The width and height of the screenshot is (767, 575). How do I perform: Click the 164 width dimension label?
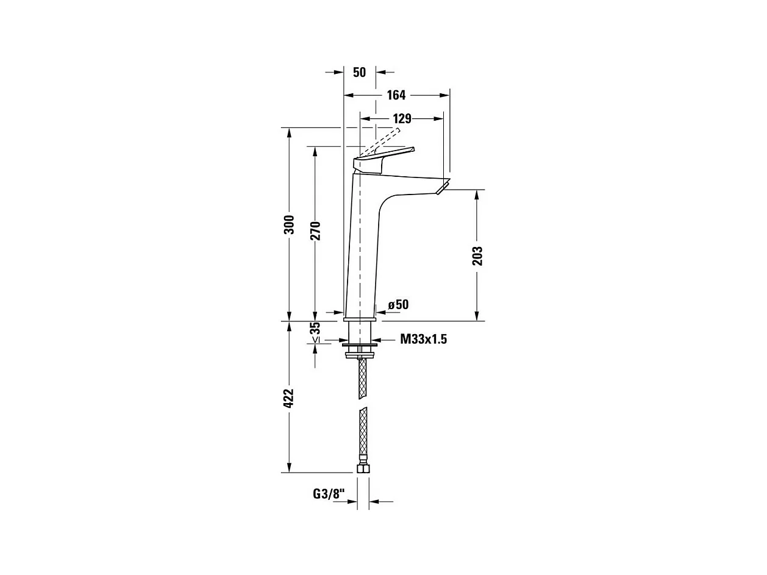pos(396,95)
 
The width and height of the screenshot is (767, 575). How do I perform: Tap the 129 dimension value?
pos(402,119)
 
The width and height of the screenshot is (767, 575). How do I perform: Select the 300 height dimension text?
pos(290,224)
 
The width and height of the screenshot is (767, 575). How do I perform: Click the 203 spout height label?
pos(477,255)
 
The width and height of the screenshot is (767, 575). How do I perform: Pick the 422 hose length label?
pos(290,398)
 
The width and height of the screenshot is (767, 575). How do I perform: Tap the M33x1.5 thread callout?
pos(423,340)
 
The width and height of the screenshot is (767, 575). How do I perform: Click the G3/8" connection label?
pos(329,494)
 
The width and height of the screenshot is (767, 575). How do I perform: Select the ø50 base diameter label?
pos(398,304)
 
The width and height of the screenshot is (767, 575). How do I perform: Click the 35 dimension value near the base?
pos(315,328)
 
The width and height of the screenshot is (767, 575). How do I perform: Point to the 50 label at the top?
pos(359,72)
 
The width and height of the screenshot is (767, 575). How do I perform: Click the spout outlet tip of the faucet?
pos(443,187)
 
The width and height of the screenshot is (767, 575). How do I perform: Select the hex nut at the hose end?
pos(363,468)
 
